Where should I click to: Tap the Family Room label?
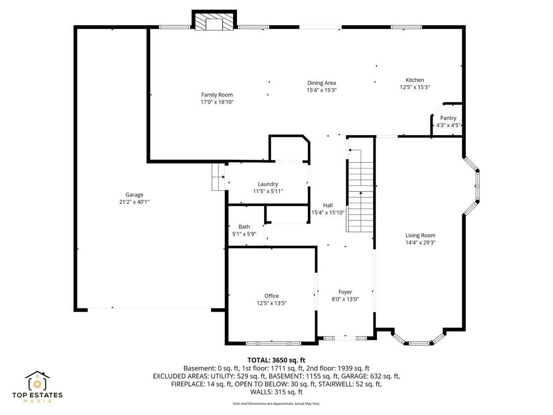217,95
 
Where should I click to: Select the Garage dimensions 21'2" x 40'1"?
135,202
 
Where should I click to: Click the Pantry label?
448,118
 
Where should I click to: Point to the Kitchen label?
414,80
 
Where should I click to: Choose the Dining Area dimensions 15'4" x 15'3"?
322,90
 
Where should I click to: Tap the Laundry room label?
268,184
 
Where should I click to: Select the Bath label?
244,227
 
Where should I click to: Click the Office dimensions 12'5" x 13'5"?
271,303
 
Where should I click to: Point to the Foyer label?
345,292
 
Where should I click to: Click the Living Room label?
420,235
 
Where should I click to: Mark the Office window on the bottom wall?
273,343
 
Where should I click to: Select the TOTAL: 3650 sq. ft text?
276,360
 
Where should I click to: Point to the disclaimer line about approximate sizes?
276,403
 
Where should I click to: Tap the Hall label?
328,205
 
